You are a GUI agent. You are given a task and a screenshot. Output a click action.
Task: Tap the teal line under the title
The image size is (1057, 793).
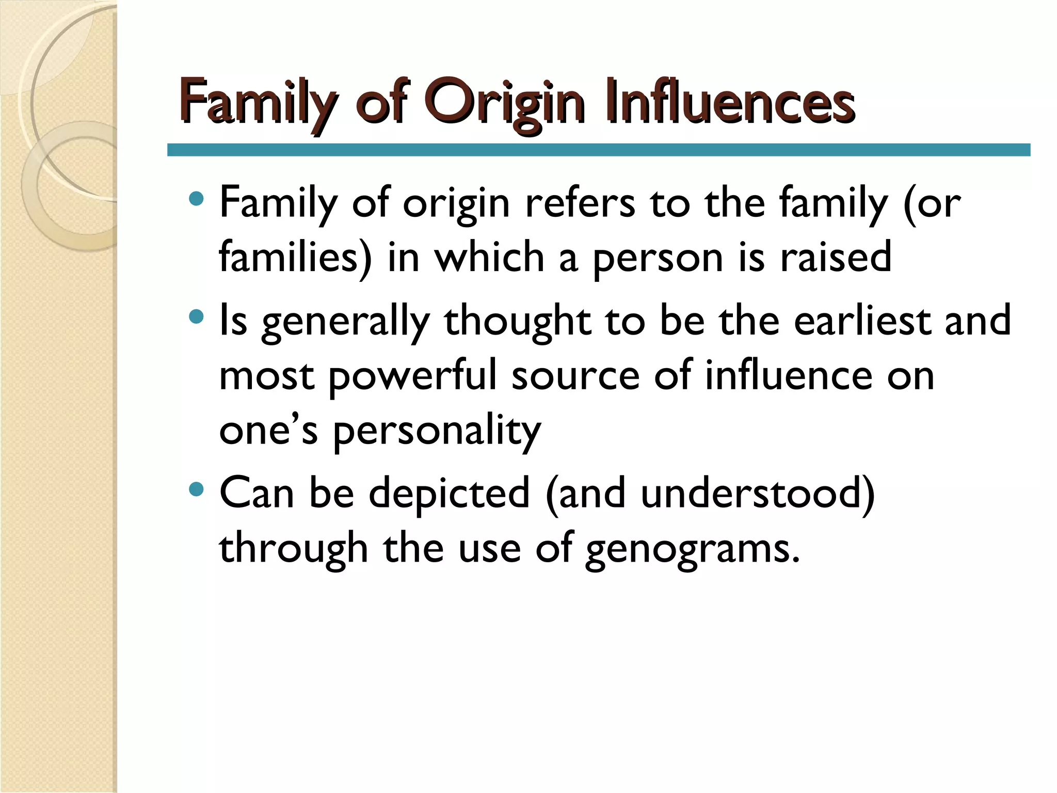point(599,150)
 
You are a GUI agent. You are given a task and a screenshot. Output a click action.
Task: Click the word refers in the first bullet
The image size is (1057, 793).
point(580,202)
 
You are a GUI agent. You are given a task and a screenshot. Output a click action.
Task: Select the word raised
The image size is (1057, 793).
point(836,257)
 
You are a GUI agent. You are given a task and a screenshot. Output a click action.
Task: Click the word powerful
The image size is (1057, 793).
point(412,376)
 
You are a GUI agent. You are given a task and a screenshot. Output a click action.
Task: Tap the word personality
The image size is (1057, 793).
point(437,431)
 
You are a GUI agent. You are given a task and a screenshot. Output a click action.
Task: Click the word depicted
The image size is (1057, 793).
point(449,493)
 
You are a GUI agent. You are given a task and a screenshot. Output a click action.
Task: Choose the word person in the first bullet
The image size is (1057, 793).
point(657,258)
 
